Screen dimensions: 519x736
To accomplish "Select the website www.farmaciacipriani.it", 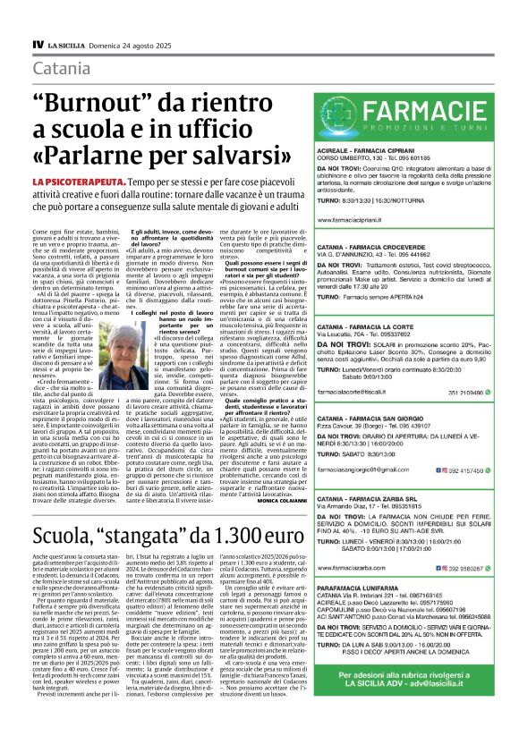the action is click(x=358, y=219).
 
